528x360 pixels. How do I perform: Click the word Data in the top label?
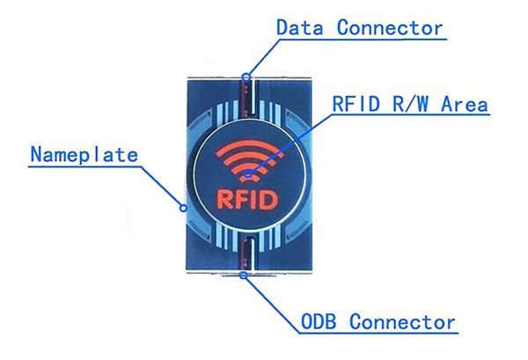click(300, 27)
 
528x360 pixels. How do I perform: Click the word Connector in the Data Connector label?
click(390, 27)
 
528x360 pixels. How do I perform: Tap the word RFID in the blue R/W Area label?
click(356, 103)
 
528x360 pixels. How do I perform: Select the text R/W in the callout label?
click(410, 103)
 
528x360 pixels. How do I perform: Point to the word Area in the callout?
click(465, 103)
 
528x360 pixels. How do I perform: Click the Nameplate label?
click(84, 155)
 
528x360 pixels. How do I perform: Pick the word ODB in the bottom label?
click(319, 321)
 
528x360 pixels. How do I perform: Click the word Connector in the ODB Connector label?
click(402, 322)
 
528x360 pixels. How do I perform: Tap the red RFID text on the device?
click(247, 200)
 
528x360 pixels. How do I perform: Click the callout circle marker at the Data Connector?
click(246, 77)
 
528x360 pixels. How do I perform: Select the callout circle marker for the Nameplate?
click(183, 208)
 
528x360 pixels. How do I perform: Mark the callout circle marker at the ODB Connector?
click(244, 276)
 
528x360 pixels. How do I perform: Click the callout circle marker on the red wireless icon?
click(248, 173)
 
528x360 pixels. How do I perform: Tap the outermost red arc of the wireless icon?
click(250, 143)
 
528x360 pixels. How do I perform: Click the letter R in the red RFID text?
click(224, 200)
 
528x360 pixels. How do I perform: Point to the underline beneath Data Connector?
click(363, 40)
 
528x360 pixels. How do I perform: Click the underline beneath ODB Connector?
click(378, 334)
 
